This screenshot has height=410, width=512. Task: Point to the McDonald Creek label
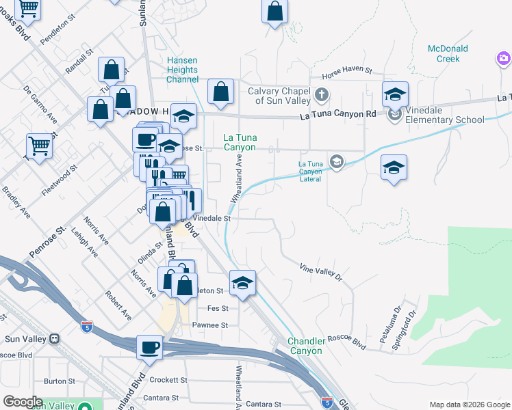[x=448, y=53]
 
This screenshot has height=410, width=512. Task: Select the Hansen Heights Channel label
[x=182, y=70]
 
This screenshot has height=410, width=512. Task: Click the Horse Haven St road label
[x=347, y=70]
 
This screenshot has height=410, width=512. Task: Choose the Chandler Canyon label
[x=305, y=346]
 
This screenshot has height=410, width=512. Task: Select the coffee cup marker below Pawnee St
[x=149, y=346]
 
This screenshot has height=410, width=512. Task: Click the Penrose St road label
[x=46, y=242]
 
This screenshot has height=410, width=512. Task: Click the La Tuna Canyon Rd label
[x=338, y=115]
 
